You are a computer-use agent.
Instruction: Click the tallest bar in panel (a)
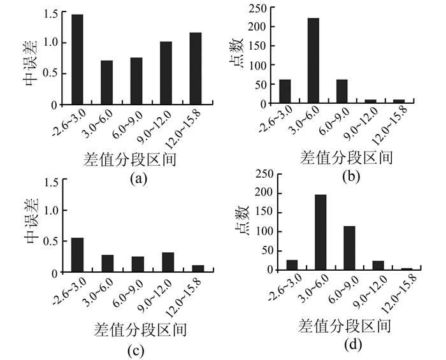[x=77, y=59]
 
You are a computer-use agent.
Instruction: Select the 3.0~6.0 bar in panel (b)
[x=313, y=61]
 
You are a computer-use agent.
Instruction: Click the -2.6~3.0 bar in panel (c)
[x=77, y=255]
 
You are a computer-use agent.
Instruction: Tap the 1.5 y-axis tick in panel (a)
[x=50, y=13]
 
